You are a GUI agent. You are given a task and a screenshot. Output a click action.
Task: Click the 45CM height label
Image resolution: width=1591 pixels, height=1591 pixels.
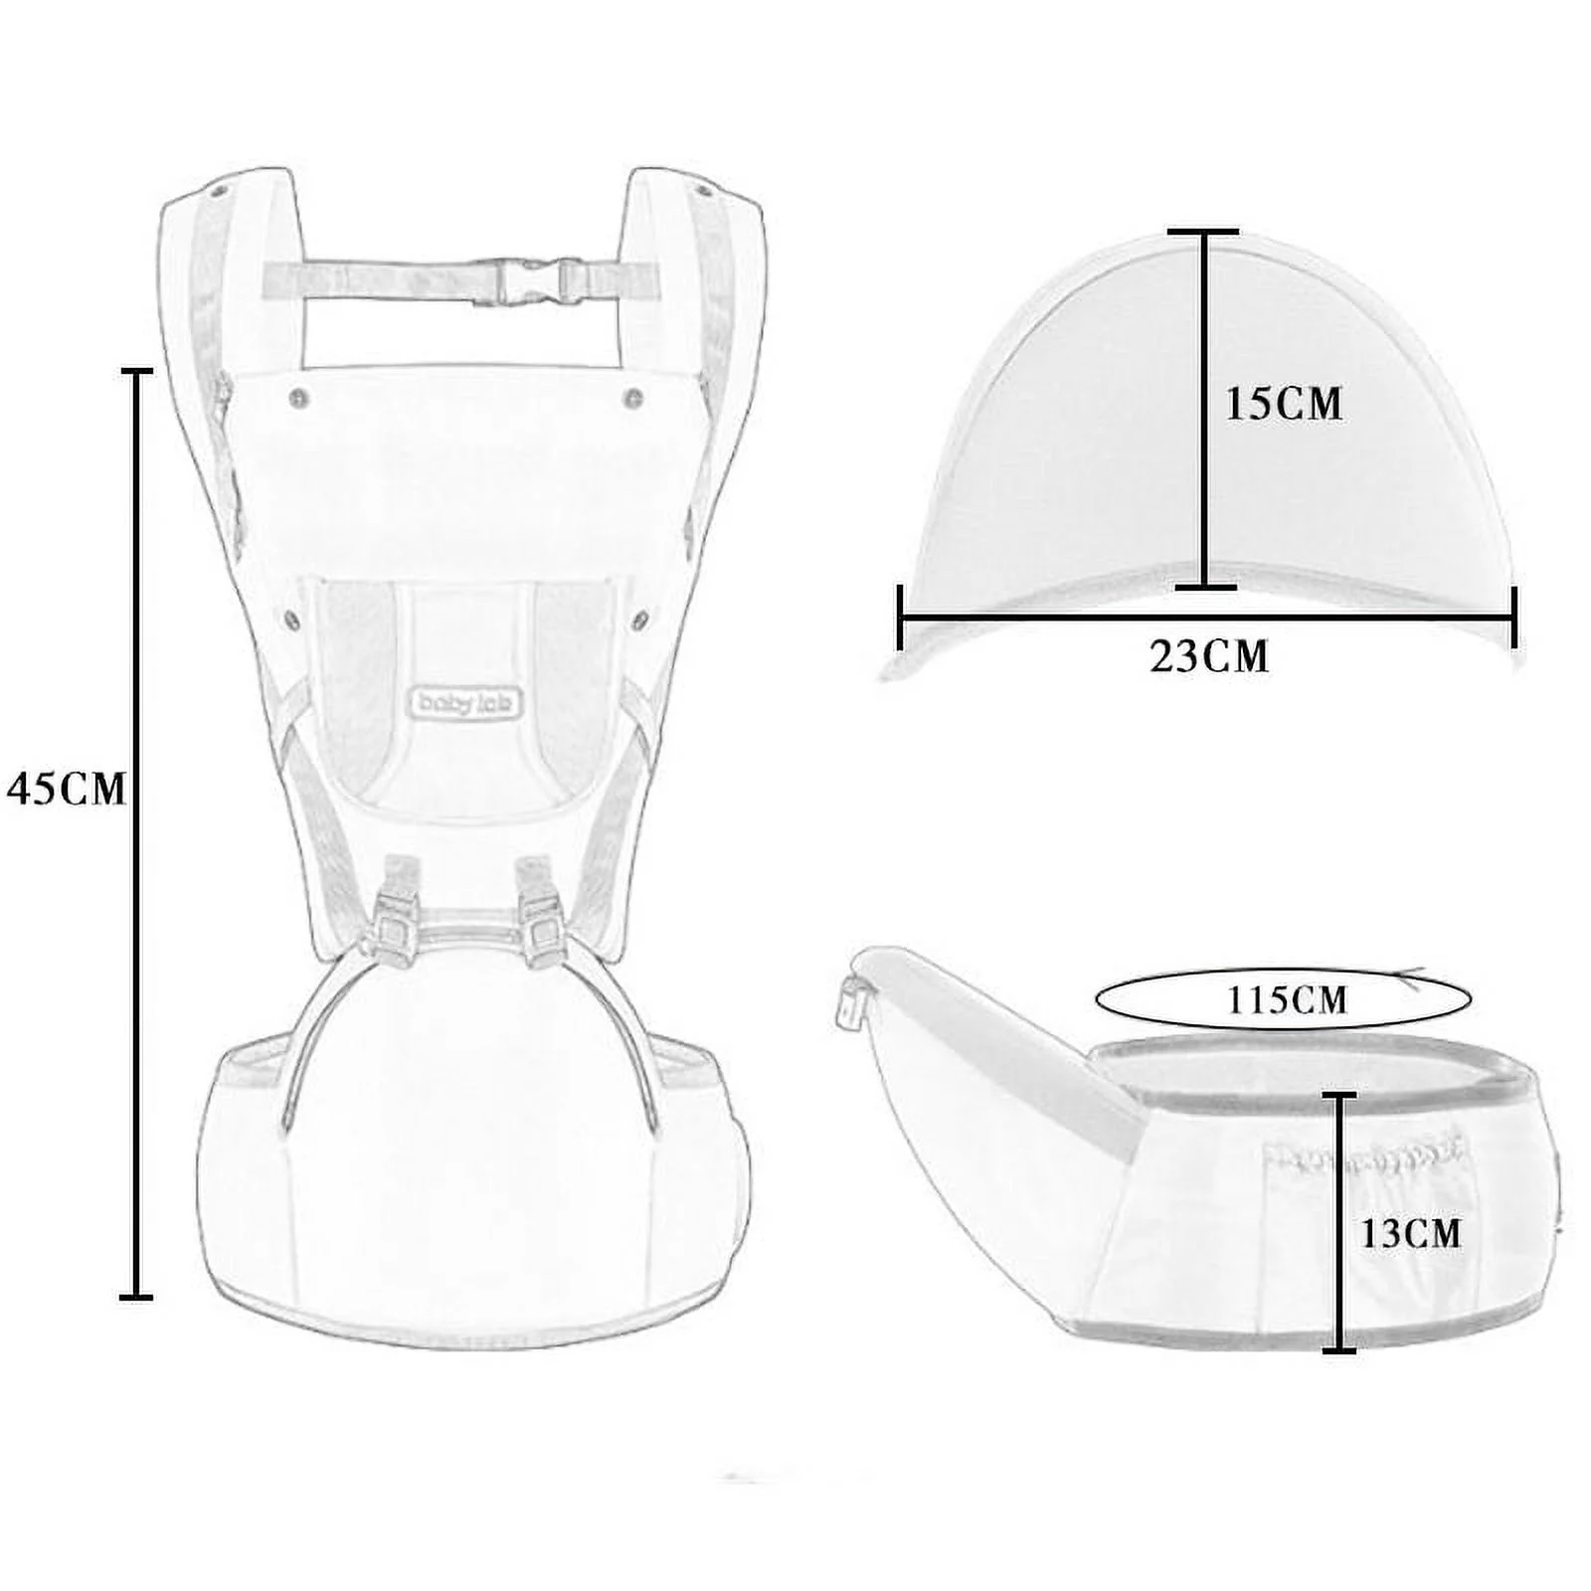(67, 789)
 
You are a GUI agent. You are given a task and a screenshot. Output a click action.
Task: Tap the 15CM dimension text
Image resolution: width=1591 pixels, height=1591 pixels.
(1283, 404)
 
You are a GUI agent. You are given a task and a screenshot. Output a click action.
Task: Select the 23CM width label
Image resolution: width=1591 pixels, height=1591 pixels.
(1209, 656)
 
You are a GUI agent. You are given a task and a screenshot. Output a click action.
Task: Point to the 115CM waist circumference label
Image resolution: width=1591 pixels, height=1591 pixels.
(1287, 999)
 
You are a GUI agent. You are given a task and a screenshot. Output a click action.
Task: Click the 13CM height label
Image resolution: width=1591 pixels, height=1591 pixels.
(1410, 1233)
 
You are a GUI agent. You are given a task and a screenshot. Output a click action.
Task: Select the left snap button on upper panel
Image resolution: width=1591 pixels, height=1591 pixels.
(297, 398)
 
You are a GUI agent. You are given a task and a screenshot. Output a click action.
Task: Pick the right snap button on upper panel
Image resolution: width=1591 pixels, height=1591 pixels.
(632, 399)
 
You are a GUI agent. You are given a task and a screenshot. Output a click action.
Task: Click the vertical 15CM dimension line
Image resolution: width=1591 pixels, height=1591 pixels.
(1204, 408)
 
